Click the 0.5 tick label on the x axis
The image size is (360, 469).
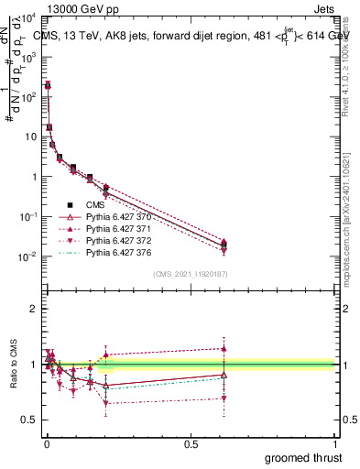(x=190, y=442)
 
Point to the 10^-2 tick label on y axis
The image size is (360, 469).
(x=27, y=256)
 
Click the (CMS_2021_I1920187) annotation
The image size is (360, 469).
(x=190, y=274)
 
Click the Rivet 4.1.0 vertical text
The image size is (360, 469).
(x=349, y=64)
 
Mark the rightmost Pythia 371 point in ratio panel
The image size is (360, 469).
(x=224, y=348)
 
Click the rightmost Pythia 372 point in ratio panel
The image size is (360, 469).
(x=224, y=398)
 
